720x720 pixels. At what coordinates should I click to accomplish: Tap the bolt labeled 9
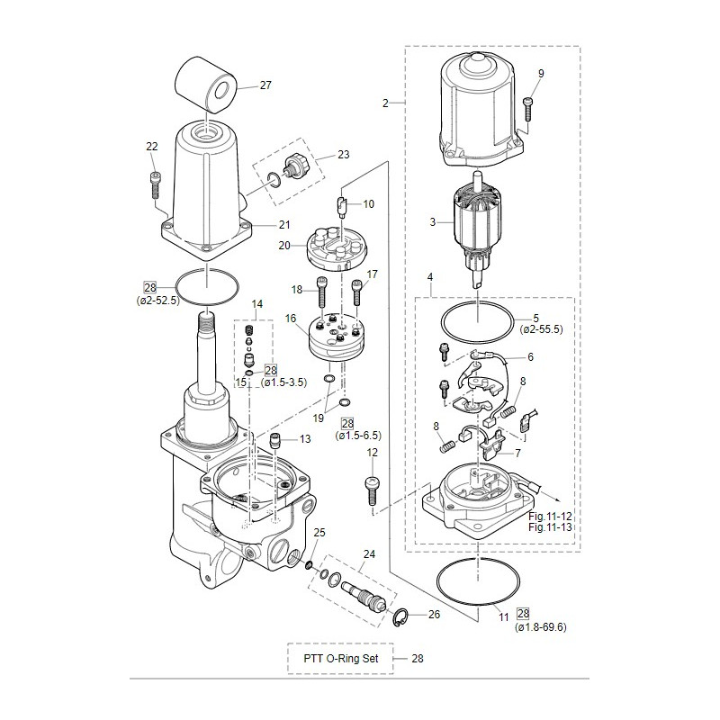click(x=528, y=106)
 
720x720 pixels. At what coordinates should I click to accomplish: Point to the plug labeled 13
click(x=277, y=440)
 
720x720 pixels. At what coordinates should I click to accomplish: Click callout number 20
click(x=284, y=246)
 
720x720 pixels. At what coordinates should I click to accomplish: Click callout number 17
click(x=372, y=274)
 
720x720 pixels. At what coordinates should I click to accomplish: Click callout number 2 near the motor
click(x=385, y=103)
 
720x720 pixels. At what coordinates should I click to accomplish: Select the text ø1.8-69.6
click(x=540, y=626)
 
